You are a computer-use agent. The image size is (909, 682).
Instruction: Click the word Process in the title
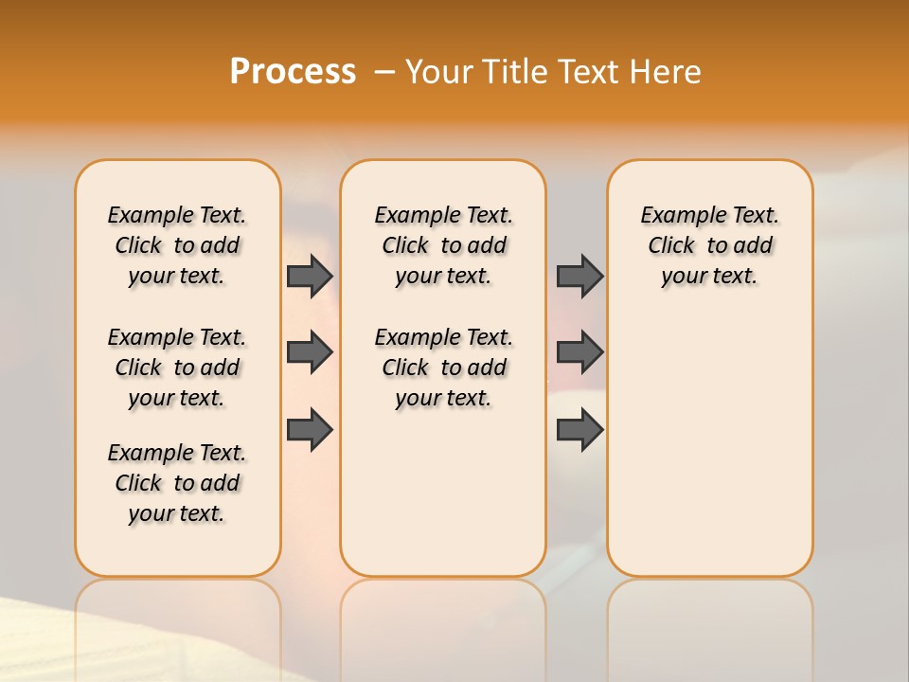tap(293, 71)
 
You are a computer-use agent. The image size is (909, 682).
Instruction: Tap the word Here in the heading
tap(666, 71)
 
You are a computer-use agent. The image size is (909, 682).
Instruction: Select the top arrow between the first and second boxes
tap(310, 277)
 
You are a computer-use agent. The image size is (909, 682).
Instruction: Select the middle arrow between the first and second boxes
tap(310, 352)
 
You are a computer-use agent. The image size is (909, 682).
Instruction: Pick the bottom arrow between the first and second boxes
tap(310, 430)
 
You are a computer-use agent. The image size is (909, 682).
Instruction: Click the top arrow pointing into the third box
tap(579, 277)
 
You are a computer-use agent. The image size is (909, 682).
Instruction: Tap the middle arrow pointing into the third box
tap(579, 352)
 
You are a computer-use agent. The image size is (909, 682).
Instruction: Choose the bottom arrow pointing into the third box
tap(579, 430)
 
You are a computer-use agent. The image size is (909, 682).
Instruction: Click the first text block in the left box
tap(177, 245)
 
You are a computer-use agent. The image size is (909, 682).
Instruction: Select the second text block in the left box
tap(177, 368)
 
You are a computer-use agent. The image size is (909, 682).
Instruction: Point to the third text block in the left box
tap(177, 483)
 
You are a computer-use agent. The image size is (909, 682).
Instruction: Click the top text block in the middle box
tap(443, 245)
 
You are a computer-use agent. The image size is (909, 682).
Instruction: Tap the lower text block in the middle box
tap(443, 368)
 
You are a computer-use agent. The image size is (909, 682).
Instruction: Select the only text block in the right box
tap(709, 245)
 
